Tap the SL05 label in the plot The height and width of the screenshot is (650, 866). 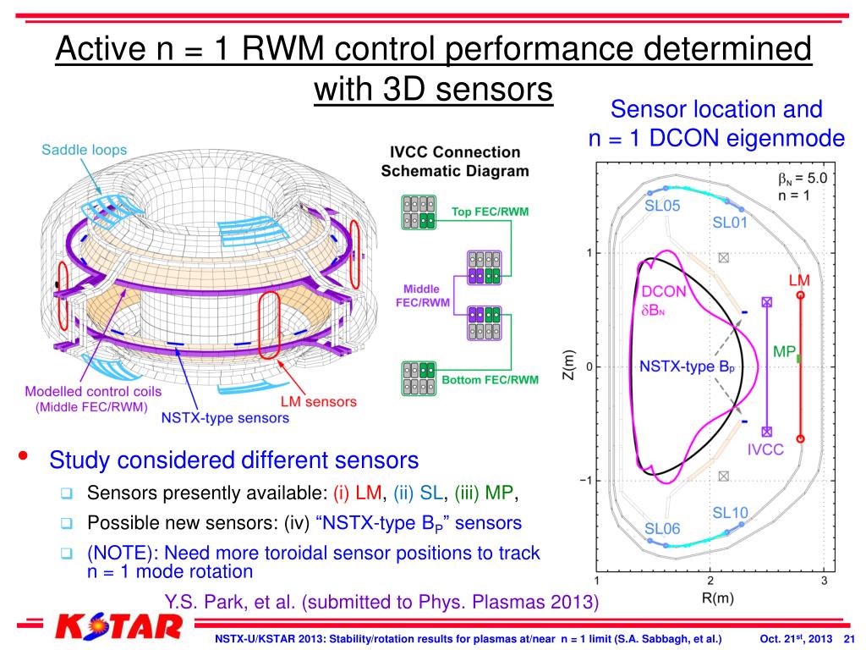[x=662, y=206]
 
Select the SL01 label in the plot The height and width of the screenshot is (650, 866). [x=730, y=223]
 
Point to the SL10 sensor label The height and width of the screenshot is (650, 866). [x=730, y=513]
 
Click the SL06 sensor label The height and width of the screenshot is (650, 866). [x=662, y=529]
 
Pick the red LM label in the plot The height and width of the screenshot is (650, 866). [x=799, y=279]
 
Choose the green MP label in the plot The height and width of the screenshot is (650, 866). [x=784, y=351]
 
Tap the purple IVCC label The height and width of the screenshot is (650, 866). [x=766, y=450]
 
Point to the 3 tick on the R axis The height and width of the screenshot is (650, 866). [x=824, y=581]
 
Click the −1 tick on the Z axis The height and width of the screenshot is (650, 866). [x=584, y=481]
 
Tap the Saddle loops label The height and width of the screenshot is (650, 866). [x=85, y=150]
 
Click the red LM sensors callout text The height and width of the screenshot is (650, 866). [x=318, y=402]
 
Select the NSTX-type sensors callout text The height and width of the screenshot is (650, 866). [x=225, y=417]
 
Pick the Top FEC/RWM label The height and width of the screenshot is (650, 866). [x=491, y=212]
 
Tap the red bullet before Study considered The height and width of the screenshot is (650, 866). [x=25, y=458]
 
